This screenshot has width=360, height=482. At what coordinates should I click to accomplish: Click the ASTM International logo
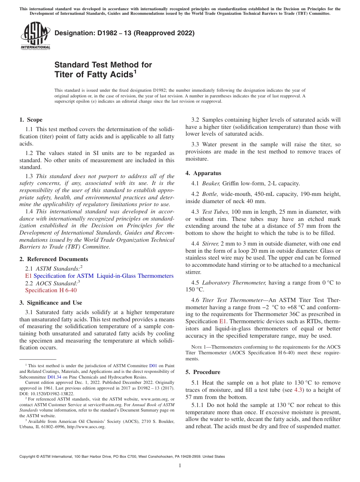coord(35,36)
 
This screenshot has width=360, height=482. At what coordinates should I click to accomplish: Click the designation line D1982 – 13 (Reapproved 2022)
coord(124,33)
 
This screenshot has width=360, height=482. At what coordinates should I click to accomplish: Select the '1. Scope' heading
coord(31,120)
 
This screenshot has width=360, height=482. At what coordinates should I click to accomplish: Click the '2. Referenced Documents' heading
coord(53,259)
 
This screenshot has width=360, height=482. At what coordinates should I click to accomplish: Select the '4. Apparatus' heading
coord(203,173)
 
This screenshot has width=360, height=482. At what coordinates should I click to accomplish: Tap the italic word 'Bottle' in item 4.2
coord(210,194)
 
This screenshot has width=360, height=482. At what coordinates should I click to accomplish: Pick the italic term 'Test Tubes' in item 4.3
coord(216,212)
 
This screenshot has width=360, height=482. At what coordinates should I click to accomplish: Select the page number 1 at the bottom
coord(180,465)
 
